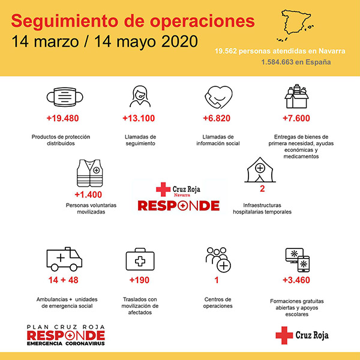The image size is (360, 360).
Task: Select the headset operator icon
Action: pos(139,97)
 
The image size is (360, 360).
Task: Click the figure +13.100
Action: pos(139,118)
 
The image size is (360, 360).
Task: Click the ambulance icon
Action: pos(64,259)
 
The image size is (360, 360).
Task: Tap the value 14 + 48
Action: pos(64,280)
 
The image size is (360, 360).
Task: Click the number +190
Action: pos(142,280)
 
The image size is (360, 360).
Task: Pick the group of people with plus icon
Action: pos(217,259)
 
